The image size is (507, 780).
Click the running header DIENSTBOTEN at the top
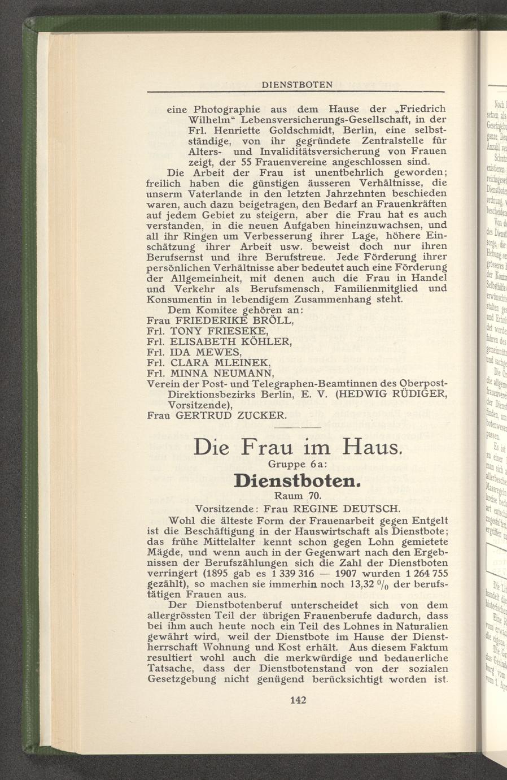(x=297, y=85)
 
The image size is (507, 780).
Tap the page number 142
(x=298, y=700)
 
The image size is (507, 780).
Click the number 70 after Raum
(x=313, y=496)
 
